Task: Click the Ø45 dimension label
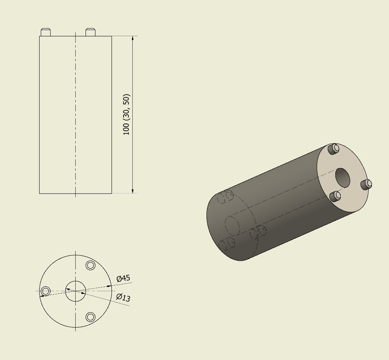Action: point(123,278)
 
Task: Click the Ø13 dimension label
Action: point(123,297)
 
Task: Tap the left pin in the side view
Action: point(46,32)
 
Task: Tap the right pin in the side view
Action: point(90,32)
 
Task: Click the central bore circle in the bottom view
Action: point(75,291)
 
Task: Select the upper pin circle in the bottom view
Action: point(91,265)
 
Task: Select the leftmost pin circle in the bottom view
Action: point(46,291)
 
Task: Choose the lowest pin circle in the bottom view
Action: point(91,317)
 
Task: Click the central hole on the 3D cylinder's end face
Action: point(342,178)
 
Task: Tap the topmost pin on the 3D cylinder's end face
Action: point(334,148)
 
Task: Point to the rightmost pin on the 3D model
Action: point(366,184)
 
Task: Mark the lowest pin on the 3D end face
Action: point(335,196)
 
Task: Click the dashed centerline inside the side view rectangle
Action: point(75,114)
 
